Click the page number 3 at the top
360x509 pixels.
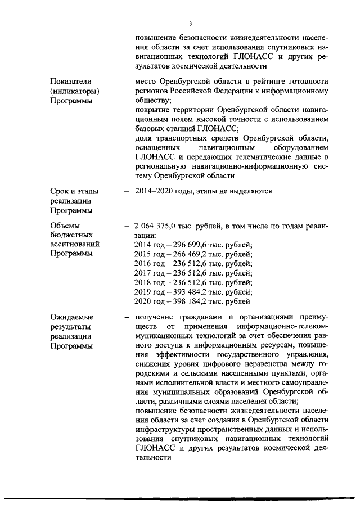191,23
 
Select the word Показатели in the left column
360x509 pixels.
70,81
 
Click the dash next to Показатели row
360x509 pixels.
127,81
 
